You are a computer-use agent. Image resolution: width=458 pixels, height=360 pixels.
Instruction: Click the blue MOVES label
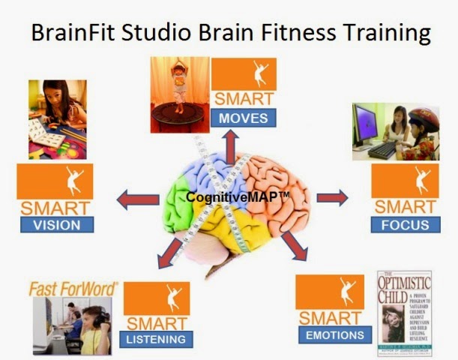[244, 118]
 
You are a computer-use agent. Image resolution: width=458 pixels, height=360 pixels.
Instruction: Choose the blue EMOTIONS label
[334, 335]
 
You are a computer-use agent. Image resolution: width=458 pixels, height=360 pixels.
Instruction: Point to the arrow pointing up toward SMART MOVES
[228, 142]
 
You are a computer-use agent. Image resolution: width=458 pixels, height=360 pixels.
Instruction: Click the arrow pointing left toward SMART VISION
[138, 199]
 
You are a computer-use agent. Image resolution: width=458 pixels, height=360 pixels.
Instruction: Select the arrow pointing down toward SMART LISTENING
[170, 251]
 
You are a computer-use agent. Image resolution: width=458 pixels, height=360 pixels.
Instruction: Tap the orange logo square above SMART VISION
[55, 181]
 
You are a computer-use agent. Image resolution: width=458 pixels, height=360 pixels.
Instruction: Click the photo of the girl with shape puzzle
[57, 120]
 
